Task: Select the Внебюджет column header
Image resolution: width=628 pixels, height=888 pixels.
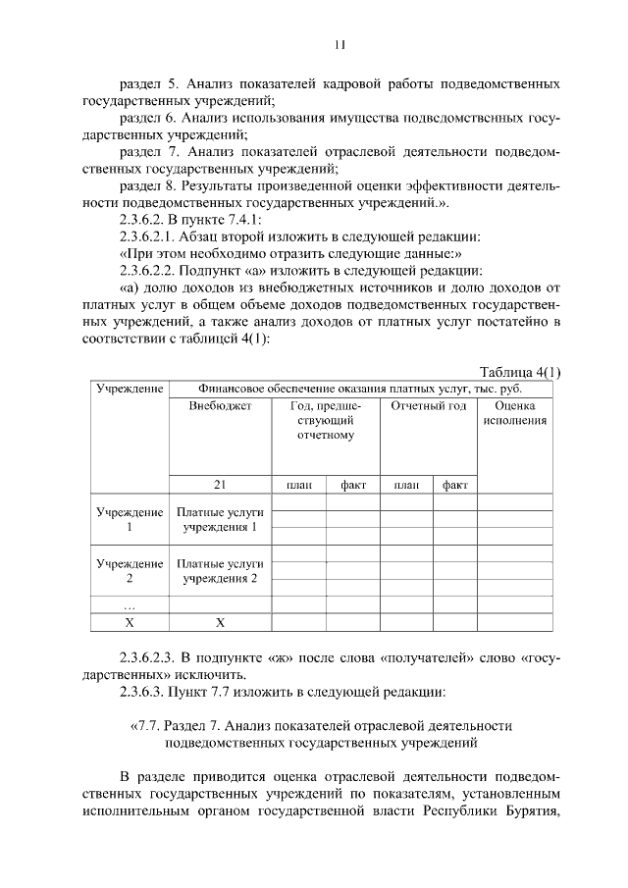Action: (220, 406)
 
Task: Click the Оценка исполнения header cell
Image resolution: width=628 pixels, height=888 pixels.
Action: (514, 413)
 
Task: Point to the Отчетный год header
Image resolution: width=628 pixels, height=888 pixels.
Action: (428, 406)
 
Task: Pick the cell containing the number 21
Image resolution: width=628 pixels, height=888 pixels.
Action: (220, 484)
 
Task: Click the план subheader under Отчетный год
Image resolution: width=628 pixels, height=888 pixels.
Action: (405, 484)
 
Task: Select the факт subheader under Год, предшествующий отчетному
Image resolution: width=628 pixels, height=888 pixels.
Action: (353, 484)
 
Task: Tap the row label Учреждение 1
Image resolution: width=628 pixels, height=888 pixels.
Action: (129, 520)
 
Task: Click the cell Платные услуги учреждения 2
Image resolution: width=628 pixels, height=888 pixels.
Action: (220, 571)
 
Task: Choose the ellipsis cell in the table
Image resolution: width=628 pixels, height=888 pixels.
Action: (129, 605)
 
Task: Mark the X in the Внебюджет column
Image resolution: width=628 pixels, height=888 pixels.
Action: (220, 622)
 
